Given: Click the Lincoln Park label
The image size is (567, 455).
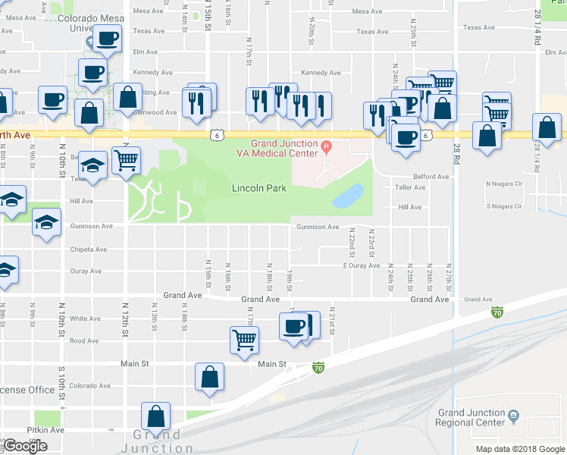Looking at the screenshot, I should click(258, 188).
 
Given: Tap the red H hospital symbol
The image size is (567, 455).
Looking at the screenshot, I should click(327, 146).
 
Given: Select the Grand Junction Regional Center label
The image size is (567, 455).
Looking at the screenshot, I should click(471, 417).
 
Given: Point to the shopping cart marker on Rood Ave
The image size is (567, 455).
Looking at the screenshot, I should click(244, 340).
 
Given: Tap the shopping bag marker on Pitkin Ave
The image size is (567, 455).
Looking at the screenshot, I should click(155, 416).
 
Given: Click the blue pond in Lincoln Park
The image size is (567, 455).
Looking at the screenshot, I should click(348, 195).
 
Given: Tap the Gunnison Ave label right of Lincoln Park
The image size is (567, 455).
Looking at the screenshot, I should click(318, 227).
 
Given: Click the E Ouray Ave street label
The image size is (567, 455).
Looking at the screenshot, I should click(361, 265).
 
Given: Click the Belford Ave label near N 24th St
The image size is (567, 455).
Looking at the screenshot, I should click(431, 177).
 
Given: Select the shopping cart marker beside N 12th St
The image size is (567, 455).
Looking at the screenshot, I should click(126, 159).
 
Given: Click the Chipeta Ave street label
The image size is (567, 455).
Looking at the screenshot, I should click(89, 249).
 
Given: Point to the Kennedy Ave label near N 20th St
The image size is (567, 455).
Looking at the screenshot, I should click(321, 73).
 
